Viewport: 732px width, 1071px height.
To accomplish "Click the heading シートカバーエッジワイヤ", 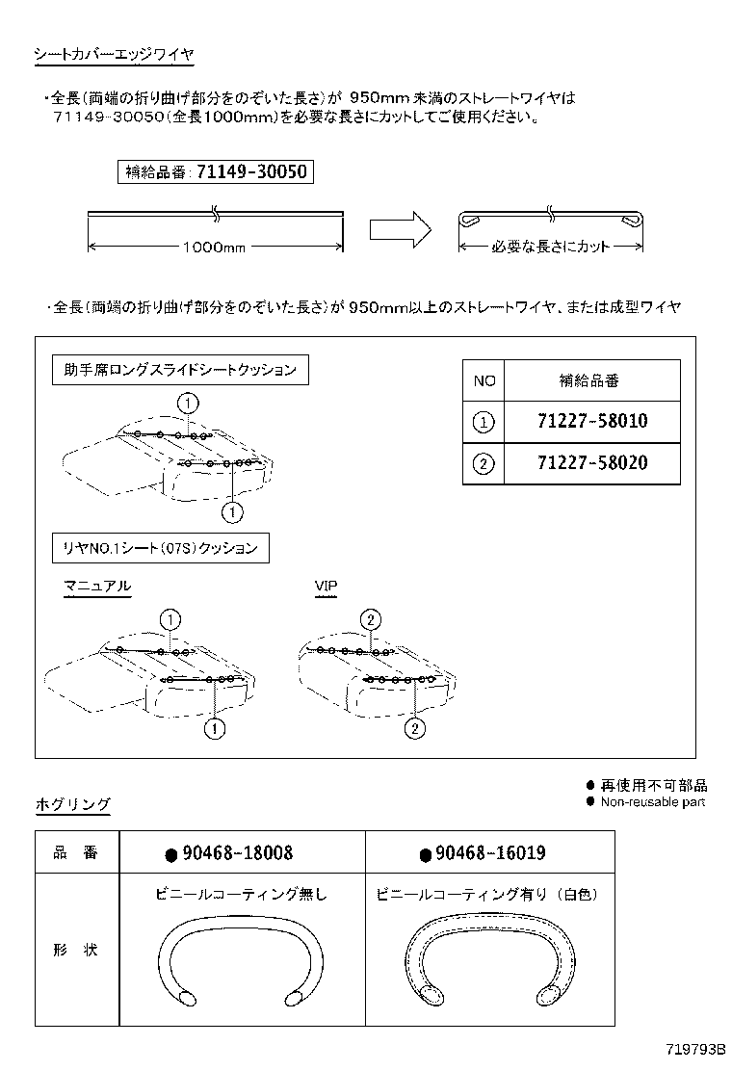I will [114, 56].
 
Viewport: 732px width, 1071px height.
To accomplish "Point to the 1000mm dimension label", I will [214, 248].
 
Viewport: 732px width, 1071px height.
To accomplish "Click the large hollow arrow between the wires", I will [399, 231].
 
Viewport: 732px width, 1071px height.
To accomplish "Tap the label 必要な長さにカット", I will [550, 248].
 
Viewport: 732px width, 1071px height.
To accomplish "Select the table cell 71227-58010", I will [591, 421].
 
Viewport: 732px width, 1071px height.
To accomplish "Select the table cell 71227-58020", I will [591, 462].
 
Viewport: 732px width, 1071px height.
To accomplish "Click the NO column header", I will [484, 380].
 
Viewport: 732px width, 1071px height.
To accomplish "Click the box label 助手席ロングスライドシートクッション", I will [180, 370].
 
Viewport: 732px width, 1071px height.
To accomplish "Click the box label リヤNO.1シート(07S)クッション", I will [160, 548].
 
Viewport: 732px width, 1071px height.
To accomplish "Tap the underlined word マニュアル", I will [96, 586].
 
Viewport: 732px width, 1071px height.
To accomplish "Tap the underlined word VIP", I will [326, 586].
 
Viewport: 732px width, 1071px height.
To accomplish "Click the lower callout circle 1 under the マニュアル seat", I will [214, 729].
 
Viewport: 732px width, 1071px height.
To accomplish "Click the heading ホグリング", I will [72, 805].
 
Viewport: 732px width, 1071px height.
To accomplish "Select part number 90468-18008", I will [238, 853].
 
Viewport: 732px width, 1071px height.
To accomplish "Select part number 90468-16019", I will [490, 853].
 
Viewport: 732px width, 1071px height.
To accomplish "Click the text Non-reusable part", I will [652, 801].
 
